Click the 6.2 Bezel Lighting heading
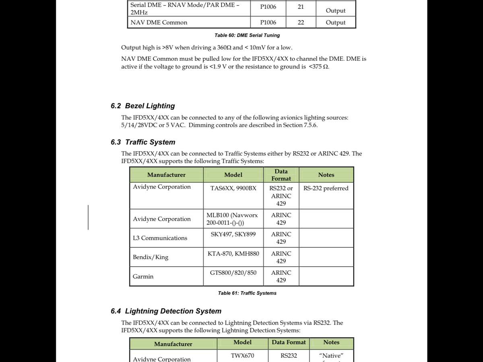pos(142,106)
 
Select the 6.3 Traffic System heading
pos(143,142)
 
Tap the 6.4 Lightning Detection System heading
pos(166,311)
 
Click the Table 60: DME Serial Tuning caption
pos(247,35)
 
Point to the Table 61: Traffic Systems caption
pos(247,293)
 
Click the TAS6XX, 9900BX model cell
pos(233,188)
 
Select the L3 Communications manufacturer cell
pos(160,238)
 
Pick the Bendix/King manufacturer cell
pos(151,257)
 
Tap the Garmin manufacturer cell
pos(143,276)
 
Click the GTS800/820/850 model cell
pos(233,273)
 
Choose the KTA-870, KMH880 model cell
pos(233,253)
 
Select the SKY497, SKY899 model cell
pos(233,234)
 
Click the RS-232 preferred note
pos(326,188)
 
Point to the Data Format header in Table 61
pos(281,175)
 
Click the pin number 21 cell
pos(301,7)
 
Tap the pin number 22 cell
pos(301,23)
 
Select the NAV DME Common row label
pos(159,23)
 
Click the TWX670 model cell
pos(242,356)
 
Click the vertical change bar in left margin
pos(88,217)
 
